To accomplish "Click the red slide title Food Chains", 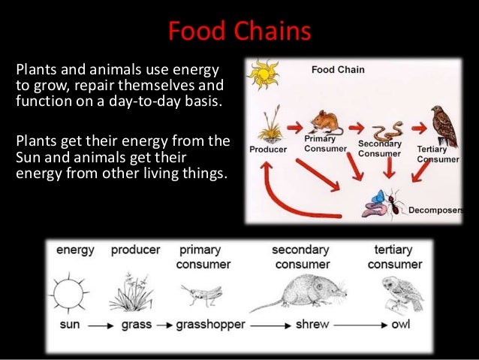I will click(x=239, y=32).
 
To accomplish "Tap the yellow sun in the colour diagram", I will click(x=265, y=75).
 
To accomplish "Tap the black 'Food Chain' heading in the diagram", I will click(x=338, y=70).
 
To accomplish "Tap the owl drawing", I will click(x=393, y=294).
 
